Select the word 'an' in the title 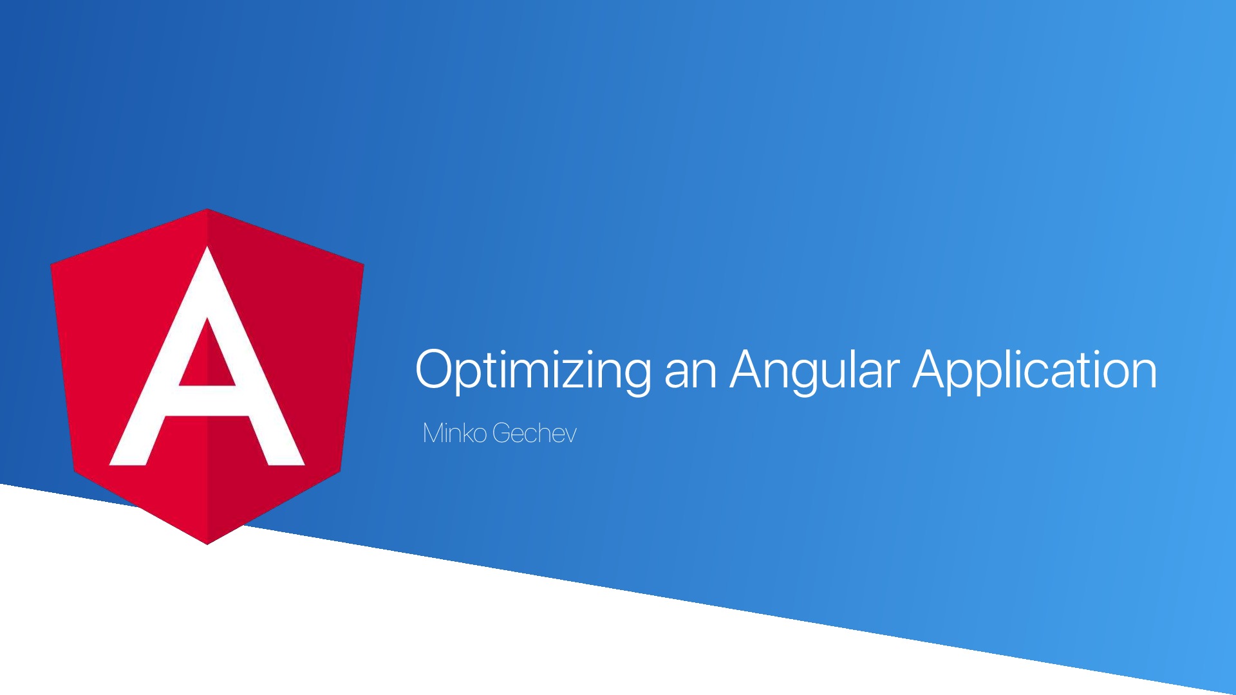690,375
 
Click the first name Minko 454,433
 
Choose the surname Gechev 534,433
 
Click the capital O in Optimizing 436,369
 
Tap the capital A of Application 933,369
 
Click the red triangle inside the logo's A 207,354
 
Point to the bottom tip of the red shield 207,544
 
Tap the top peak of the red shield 207,209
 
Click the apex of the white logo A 207,248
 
